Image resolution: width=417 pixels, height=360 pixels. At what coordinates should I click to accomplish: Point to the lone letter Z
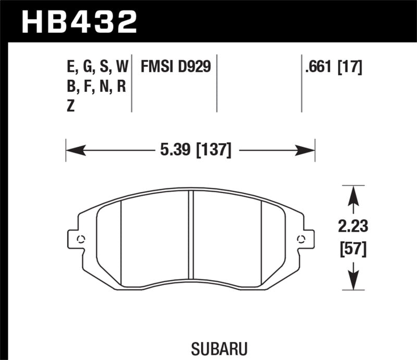click(x=71, y=106)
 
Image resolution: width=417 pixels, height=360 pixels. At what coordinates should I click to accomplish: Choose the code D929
click(x=195, y=67)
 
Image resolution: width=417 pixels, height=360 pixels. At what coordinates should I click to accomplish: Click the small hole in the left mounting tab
click(x=81, y=240)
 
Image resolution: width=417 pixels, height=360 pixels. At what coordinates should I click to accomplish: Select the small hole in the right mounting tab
click(x=301, y=240)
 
